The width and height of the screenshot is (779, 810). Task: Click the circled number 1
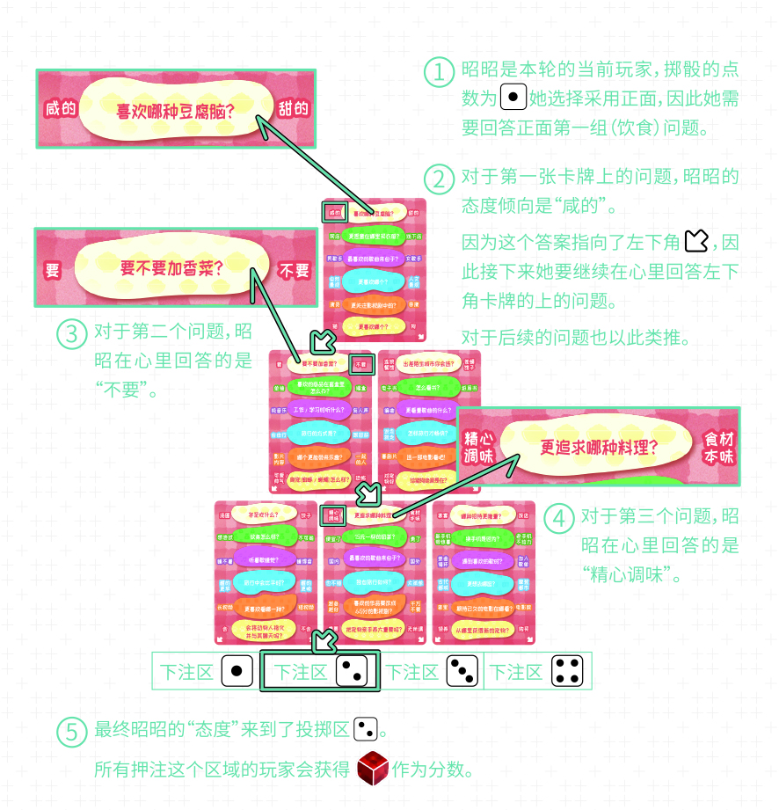click(439, 71)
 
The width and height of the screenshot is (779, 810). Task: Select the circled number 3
click(70, 334)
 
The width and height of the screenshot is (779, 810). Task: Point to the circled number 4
click(558, 518)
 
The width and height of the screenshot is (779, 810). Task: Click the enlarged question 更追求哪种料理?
click(599, 446)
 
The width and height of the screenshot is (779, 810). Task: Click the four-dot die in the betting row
click(568, 673)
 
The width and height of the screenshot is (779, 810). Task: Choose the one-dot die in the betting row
click(237, 673)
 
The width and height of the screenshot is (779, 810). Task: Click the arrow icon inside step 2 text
click(696, 240)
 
